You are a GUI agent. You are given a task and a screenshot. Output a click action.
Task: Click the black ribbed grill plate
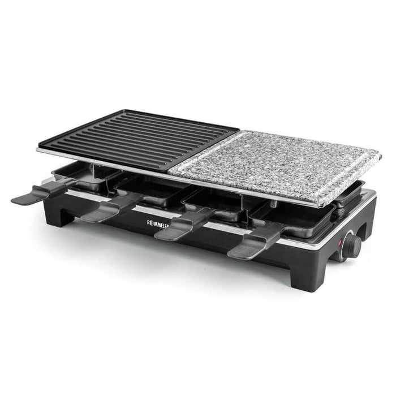click(x=139, y=139)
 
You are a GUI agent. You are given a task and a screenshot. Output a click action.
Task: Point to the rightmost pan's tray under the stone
click(x=294, y=218)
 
